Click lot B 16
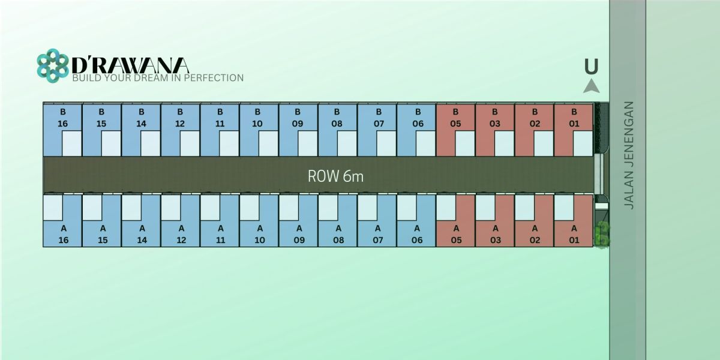coord(62,118)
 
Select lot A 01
coord(574,234)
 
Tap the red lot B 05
coord(455,118)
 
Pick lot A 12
coord(181,234)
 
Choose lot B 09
coord(298,118)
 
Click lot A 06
coord(416,234)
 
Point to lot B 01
coord(574,118)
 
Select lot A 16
coord(62,234)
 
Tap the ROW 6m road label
coord(335,176)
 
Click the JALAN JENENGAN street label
coord(629,155)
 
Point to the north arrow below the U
coord(592,86)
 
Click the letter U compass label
coord(592,67)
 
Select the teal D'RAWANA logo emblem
coord(53,65)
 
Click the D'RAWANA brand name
coord(130,65)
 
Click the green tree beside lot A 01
coord(603,233)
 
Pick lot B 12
coord(181,118)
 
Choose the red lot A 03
coord(496,234)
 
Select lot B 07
coord(377,118)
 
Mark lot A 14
coord(142,234)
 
